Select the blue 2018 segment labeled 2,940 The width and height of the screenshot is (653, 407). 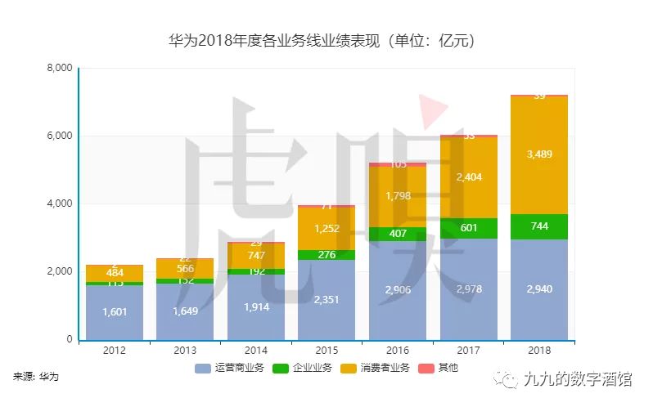[x=538, y=289]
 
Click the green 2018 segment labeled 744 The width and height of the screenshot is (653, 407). [x=538, y=226]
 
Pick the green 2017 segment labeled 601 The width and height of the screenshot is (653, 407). [x=468, y=228]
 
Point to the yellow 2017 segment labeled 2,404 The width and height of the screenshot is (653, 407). [x=468, y=177]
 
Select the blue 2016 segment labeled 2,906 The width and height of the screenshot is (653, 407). [x=397, y=290]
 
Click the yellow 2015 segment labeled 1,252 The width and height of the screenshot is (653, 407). [x=326, y=228]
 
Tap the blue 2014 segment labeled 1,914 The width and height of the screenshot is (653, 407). [x=255, y=307]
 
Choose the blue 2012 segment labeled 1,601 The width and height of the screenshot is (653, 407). [x=115, y=312]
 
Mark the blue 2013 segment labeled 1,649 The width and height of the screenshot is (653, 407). [x=185, y=311]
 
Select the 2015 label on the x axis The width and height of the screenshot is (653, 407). [x=326, y=351]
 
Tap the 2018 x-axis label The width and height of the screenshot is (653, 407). [x=538, y=351]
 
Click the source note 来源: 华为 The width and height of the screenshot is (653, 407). [x=36, y=377]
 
